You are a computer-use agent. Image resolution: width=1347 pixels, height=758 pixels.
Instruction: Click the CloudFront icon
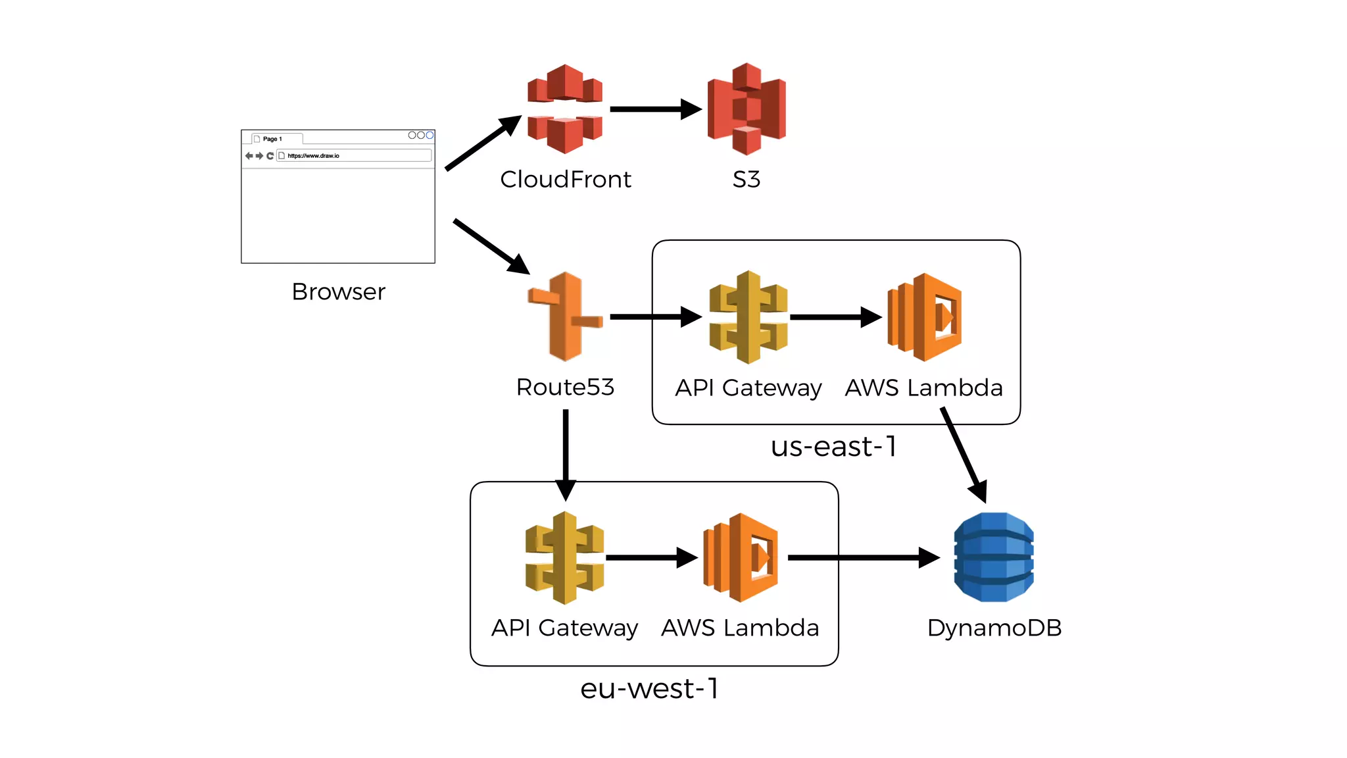(x=565, y=109)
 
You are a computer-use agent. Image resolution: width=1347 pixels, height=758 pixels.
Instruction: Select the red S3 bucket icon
(x=747, y=109)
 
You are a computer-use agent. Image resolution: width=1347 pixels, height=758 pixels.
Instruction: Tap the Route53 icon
(x=565, y=316)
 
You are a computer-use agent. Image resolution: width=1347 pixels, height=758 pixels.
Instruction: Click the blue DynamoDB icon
(x=994, y=557)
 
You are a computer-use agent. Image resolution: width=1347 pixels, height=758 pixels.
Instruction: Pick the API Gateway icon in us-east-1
(x=748, y=316)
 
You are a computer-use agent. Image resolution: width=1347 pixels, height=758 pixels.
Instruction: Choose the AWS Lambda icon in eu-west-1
(x=741, y=557)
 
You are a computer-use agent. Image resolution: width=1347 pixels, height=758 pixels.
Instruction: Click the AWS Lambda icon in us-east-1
(x=924, y=316)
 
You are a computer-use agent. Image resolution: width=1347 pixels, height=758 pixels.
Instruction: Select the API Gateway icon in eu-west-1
(x=564, y=557)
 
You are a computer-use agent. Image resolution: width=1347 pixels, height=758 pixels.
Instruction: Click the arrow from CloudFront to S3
(x=654, y=109)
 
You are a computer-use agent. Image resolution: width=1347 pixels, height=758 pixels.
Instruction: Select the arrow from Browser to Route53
(x=490, y=246)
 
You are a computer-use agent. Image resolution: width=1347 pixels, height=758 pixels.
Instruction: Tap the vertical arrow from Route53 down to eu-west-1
(x=566, y=454)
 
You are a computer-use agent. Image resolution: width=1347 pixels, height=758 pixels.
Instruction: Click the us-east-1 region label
(x=833, y=447)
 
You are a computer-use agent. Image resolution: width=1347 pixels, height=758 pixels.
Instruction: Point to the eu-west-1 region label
(x=649, y=689)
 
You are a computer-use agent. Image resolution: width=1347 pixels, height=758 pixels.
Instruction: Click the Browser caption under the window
(x=338, y=291)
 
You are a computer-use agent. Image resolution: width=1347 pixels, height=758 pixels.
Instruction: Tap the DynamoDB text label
(x=994, y=628)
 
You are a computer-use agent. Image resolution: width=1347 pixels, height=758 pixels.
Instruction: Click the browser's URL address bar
(x=355, y=156)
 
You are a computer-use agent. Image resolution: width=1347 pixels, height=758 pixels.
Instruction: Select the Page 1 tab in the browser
(x=273, y=139)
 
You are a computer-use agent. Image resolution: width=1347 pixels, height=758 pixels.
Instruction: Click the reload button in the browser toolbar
(x=270, y=156)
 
